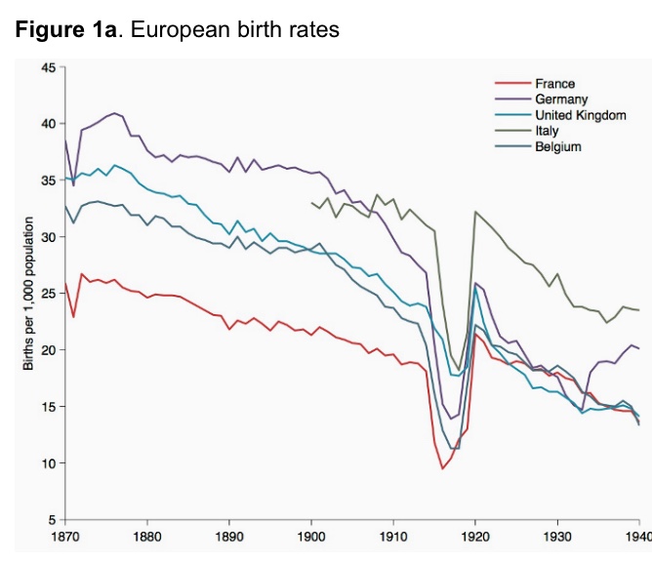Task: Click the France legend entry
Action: [554, 84]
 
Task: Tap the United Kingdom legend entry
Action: [580, 115]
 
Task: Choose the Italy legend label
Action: [547, 131]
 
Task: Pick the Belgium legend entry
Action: [557, 146]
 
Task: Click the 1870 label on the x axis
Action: [66, 536]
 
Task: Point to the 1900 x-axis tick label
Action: [311, 536]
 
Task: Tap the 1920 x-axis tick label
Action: [475, 536]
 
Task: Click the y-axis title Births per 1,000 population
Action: [28, 293]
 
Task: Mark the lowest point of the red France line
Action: [442, 468]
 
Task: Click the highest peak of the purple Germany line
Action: [115, 113]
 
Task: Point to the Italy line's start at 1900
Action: [311, 203]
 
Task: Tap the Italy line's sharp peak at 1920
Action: [475, 212]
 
